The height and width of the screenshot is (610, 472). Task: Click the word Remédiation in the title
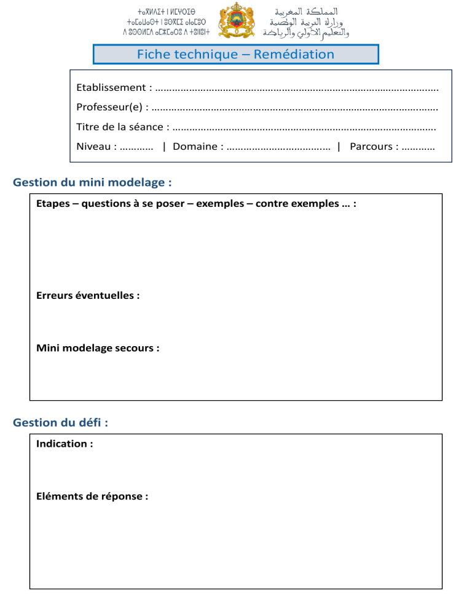(x=294, y=54)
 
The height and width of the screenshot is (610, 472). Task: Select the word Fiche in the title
(x=153, y=54)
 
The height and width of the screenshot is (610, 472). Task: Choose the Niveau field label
(x=96, y=147)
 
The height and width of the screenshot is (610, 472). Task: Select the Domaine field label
(x=197, y=147)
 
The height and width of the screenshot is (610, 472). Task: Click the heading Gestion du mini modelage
(x=92, y=182)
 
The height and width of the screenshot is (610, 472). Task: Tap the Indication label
(x=65, y=444)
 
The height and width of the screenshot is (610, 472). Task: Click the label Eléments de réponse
(x=92, y=496)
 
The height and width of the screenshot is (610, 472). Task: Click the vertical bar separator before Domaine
(x=164, y=147)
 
